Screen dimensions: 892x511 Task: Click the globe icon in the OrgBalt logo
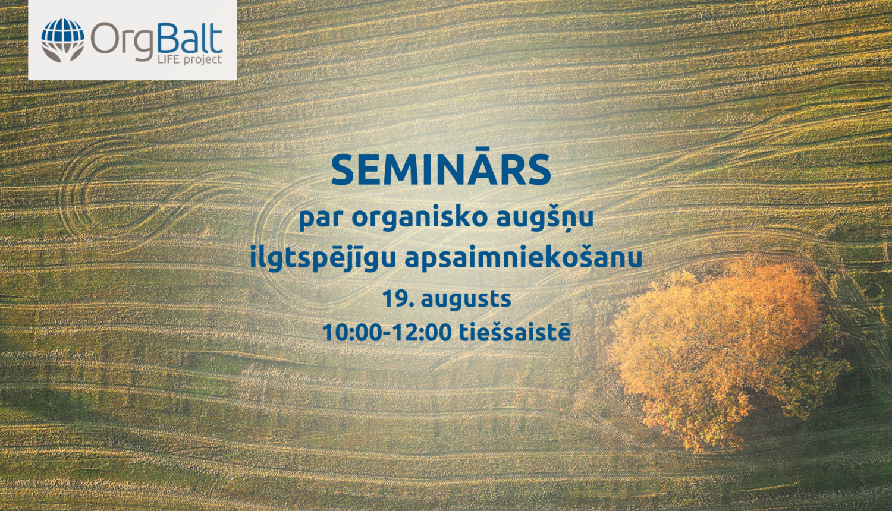[62, 35]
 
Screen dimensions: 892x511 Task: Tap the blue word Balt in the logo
[190, 39]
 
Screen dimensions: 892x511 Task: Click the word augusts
[466, 300]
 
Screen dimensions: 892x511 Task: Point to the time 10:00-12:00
[387, 333]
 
